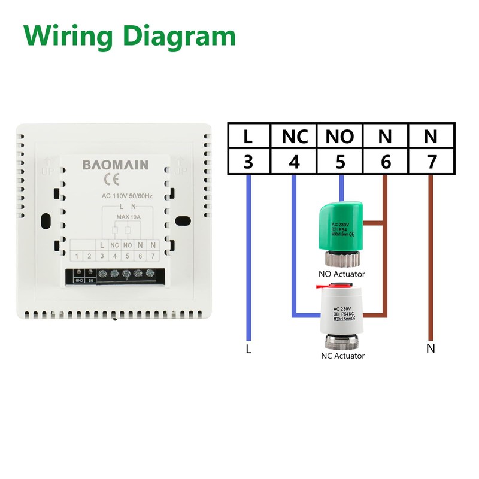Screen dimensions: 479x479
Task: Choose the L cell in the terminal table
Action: click(248, 137)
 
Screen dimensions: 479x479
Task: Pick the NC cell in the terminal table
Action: click(294, 137)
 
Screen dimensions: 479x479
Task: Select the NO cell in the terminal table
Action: click(339, 137)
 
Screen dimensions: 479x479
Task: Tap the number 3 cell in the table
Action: click(248, 162)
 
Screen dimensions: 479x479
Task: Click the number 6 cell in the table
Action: click(385, 162)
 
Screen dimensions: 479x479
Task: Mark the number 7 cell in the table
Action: click(431, 162)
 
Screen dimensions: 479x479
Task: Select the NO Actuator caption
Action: click(342, 274)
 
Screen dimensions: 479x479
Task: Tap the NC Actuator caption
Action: click(342, 356)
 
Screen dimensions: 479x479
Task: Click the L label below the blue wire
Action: click(248, 348)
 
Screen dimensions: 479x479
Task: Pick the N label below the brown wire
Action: click(431, 348)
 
